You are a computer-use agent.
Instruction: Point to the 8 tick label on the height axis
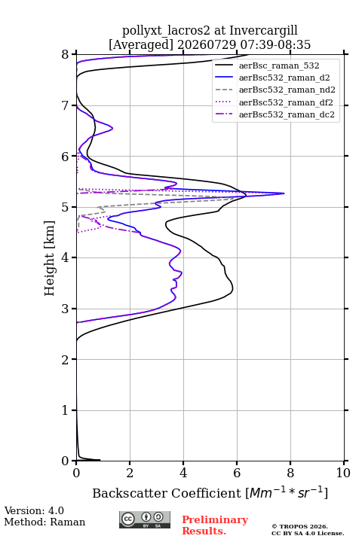pyautogui.click(x=65, y=55)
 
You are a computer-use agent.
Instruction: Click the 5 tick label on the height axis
pyautogui.click(x=65, y=207)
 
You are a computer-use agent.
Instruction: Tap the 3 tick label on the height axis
pyautogui.click(x=65, y=309)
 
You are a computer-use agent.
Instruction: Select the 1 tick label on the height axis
pyautogui.click(x=65, y=410)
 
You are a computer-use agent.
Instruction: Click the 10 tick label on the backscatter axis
pyautogui.click(x=343, y=473)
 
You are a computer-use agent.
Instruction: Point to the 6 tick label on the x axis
pyautogui.click(x=237, y=473)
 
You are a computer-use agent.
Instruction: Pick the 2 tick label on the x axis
pyautogui.click(x=130, y=473)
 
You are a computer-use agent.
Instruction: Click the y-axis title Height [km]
pyautogui.click(x=49, y=258)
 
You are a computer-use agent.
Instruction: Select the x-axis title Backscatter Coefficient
pyautogui.click(x=166, y=493)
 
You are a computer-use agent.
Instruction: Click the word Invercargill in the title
pyautogui.click(x=264, y=31)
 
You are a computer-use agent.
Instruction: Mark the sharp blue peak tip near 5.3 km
pyautogui.click(x=284, y=193)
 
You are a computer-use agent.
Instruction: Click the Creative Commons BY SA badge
pyautogui.click(x=145, y=520)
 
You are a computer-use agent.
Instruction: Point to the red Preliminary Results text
pyautogui.click(x=215, y=525)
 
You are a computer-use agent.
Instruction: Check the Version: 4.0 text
pyautogui.click(x=34, y=510)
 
